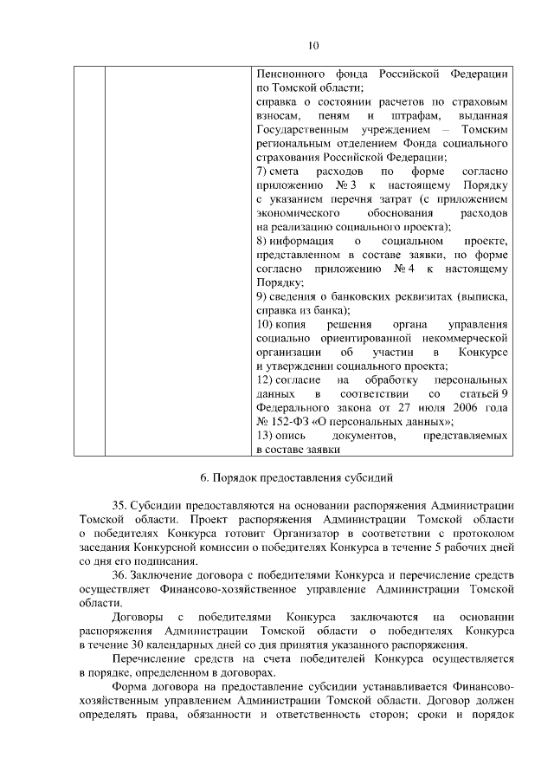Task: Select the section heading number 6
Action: point(203,477)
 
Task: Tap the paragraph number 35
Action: point(119,505)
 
